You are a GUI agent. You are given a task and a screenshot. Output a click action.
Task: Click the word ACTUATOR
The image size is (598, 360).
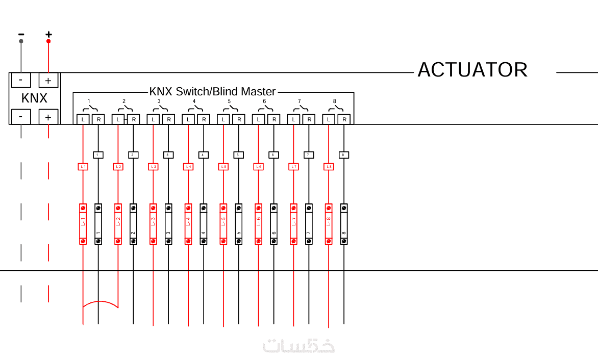(x=472, y=70)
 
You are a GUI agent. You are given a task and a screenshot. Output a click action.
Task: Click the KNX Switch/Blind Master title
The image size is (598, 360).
(x=212, y=92)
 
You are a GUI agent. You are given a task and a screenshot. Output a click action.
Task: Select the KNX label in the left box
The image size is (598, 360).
(x=34, y=98)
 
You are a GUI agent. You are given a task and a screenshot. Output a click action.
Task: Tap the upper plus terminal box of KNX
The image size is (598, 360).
(x=48, y=81)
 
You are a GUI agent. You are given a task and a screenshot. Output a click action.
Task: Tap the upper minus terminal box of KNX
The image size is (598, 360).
(x=21, y=81)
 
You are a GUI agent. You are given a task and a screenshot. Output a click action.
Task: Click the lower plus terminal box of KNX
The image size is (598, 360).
(x=48, y=117)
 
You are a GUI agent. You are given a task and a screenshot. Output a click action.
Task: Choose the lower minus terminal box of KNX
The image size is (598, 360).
(x=21, y=117)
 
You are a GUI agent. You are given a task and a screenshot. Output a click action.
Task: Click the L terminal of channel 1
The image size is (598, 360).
(x=83, y=119)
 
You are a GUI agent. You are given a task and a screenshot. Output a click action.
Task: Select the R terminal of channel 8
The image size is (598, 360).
(x=344, y=119)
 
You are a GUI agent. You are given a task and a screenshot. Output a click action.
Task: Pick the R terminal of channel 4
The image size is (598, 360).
(x=204, y=119)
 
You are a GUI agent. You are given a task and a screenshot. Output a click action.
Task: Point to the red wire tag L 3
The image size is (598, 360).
(x=153, y=167)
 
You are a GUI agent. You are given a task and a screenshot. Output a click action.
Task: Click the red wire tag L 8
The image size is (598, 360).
(x=329, y=167)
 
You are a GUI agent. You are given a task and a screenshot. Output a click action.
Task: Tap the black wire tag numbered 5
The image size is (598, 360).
(x=238, y=155)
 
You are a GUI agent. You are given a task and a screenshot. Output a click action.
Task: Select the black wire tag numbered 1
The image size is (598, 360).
(x=98, y=155)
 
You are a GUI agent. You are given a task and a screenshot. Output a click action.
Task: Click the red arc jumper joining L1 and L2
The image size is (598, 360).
(x=101, y=302)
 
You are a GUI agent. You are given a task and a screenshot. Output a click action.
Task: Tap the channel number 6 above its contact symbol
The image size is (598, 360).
(x=264, y=101)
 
